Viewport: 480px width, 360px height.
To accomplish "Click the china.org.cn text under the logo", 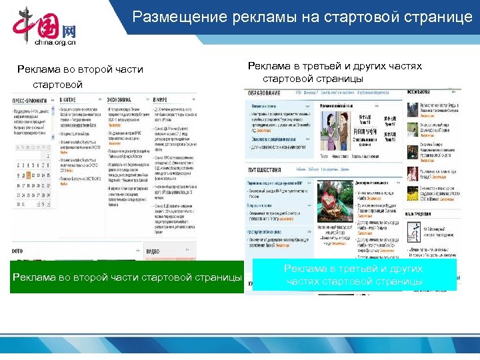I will [55, 42].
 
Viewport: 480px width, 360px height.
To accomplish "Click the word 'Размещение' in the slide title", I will [174, 17].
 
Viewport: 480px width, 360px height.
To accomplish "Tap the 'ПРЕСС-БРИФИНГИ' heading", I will [28, 99].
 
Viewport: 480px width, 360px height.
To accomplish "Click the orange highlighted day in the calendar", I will [30, 175].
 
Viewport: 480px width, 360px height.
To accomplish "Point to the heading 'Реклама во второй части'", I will [80, 69].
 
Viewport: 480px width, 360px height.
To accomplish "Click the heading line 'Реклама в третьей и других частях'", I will [335, 66].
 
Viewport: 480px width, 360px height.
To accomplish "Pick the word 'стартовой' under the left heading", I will [57, 85].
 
